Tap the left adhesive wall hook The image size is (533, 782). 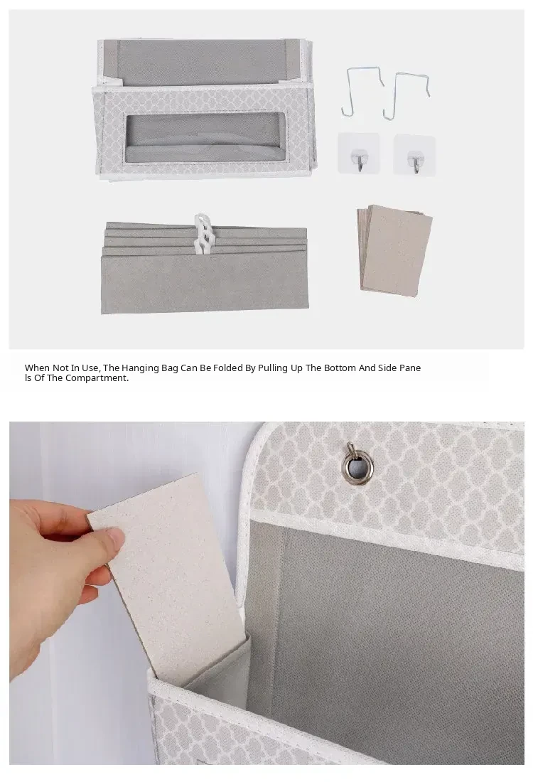pos(358,154)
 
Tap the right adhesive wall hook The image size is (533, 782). pos(415,155)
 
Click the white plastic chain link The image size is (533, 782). pos(203,233)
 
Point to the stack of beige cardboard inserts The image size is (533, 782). pos(394,250)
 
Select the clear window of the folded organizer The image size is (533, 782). pos(205,137)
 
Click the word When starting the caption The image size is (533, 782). pos(38,368)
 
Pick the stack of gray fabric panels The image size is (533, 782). pos(205,269)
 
